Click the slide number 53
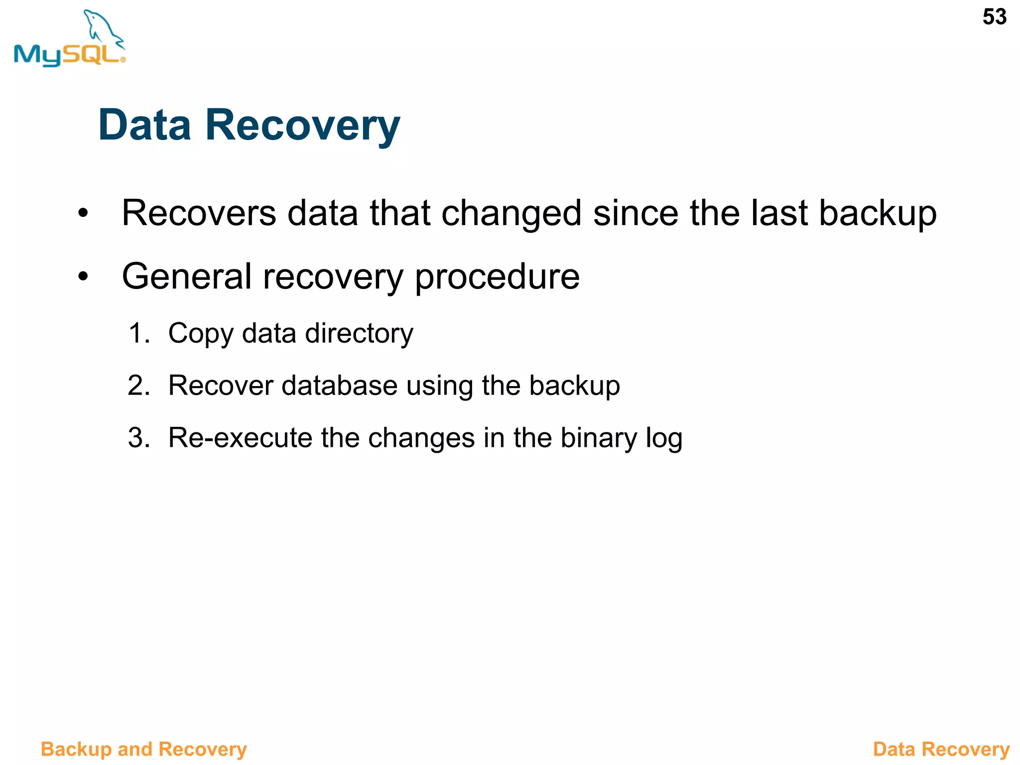click(x=994, y=17)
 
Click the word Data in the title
click(x=144, y=125)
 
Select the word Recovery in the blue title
click(x=302, y=126)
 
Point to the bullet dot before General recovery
click(x=83, y=276)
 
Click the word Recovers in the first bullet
click(x=199, y=213)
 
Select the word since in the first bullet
click(x=636, y=213)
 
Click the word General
click(x=187, y=276)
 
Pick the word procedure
click(x=497, y=277)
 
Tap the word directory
click(x=359, y=334)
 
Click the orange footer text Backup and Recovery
click(x=143, y=749)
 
